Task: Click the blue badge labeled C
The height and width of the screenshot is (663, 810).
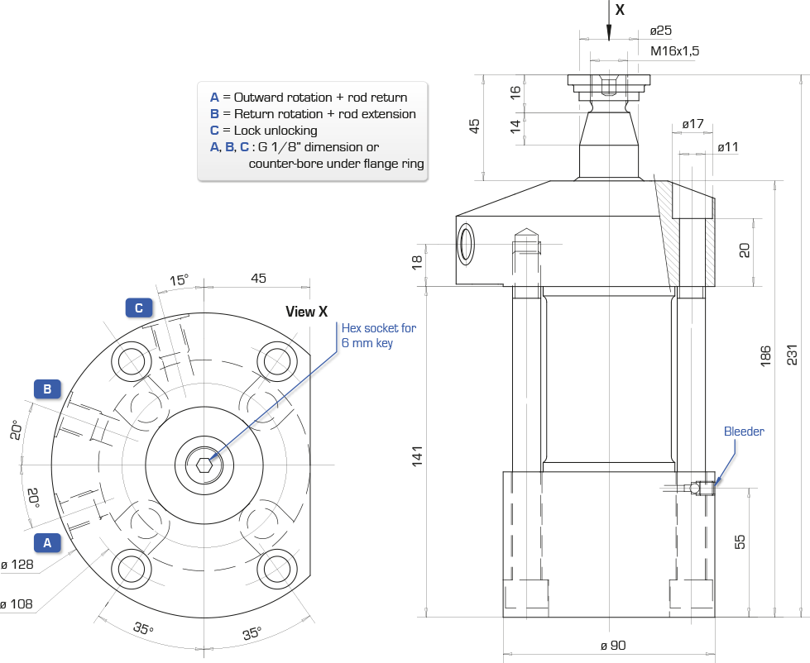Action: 138,308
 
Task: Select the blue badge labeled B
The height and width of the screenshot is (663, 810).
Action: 47,389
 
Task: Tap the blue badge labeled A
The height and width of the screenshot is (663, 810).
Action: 47,543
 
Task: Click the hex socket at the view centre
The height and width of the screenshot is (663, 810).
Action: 204,465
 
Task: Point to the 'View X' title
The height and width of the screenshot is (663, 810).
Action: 306,312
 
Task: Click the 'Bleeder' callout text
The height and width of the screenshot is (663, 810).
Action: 744,432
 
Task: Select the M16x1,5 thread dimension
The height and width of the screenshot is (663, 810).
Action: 674,50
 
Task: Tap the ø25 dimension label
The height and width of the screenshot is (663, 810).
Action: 661,31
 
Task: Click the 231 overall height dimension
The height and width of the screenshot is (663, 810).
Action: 792,355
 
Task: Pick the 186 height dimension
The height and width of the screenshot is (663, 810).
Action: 765,356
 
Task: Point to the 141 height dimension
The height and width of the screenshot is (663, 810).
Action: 417,456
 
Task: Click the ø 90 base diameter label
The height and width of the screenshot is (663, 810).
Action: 613,646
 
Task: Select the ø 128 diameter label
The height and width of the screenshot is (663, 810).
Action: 17,565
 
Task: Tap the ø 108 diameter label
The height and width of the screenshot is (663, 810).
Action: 17,603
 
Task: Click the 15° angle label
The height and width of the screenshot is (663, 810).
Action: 180,280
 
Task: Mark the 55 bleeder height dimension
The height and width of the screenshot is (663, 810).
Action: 740,541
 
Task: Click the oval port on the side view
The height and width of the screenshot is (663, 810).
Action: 467,244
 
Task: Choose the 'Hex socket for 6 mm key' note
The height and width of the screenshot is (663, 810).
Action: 379,336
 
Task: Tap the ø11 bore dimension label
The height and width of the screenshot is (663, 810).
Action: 728,147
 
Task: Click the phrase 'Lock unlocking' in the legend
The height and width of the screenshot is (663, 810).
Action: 276,131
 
